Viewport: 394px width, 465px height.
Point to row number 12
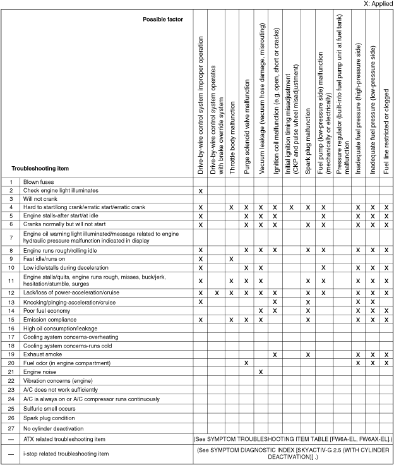(x=11, y=294)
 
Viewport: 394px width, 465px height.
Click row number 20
(x=11, y=363)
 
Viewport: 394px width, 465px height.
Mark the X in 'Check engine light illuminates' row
(x=200, y=190)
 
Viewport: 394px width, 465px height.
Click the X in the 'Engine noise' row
(x=261, y=371)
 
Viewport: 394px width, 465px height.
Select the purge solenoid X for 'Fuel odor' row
(x=246, y=363)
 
